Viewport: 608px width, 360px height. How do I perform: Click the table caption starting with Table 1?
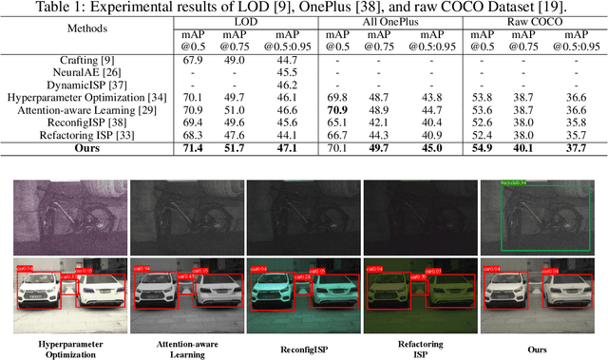point(303,9)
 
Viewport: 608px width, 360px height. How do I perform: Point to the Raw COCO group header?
point(534,22)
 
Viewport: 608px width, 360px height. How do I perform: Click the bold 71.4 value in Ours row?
point(193,147)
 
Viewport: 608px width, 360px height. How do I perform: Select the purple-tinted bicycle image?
point(65,216)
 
